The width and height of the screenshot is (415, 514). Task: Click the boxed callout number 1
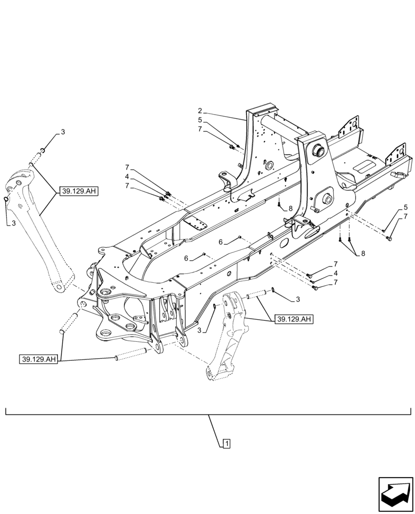227,442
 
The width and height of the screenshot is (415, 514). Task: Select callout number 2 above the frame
200,111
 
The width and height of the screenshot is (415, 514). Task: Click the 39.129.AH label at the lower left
40,359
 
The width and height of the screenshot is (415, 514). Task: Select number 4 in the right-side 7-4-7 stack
336,273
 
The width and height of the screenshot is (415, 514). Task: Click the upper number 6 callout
220,242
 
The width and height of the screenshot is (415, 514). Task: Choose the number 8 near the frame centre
290,208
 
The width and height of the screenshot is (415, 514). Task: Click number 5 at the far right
406,207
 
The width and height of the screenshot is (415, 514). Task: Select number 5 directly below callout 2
200,120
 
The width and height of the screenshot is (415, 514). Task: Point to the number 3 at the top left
63,132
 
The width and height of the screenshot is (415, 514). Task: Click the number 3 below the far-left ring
14,224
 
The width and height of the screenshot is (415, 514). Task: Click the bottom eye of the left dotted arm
58,286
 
